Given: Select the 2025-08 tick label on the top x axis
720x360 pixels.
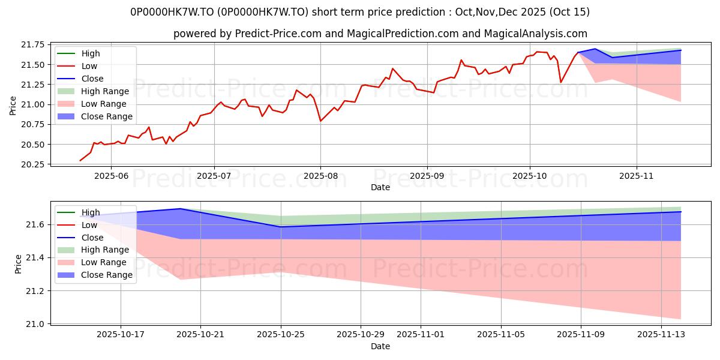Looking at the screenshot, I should pos(320,176).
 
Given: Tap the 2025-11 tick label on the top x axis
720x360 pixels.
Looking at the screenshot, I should pos(637,176).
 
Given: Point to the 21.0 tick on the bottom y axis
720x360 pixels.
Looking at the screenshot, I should pos(38,324).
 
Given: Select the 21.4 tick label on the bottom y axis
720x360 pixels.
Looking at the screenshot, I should pos(38,257).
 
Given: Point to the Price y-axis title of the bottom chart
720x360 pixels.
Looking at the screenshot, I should pos(19,263).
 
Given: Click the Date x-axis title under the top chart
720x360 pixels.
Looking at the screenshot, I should pos(380,187).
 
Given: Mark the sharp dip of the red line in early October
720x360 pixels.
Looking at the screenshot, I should pos(561,82).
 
